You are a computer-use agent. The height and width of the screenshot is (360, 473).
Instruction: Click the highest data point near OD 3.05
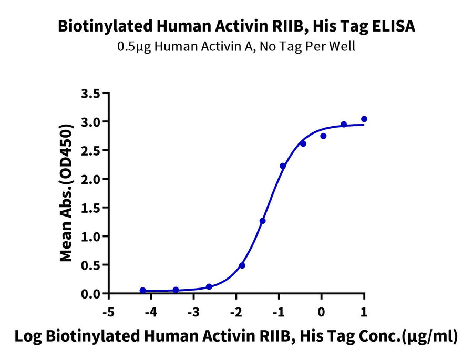(x=364, y=119)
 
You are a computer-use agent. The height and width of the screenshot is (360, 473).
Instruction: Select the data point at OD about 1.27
(x=262, y=221)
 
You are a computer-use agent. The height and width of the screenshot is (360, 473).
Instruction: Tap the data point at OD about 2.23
(x=283, y=166)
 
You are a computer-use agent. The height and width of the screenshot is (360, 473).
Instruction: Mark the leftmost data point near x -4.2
(x=142, y=290)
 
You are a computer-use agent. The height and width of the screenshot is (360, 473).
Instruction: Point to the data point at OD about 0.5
(x=242, y=265)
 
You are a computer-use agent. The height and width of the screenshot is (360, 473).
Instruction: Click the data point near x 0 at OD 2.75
(x=323, y=136)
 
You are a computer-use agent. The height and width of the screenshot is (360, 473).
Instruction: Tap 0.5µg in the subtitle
(x=131, y=46)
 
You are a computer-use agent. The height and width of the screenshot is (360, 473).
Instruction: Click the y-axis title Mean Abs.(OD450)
(x=66, y=193)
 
